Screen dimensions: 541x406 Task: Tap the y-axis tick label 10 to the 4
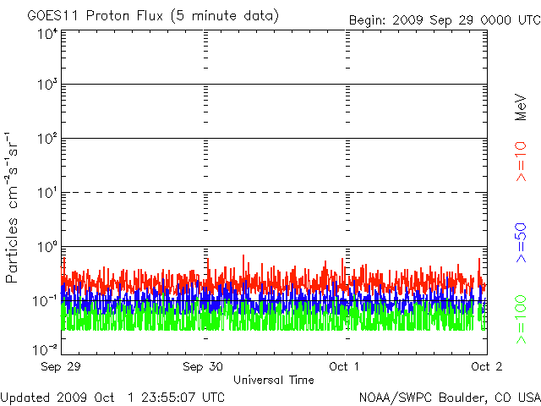[47, 35]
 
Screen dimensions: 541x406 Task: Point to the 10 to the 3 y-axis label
[47, 85]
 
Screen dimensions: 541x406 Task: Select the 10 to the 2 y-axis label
[47, 139]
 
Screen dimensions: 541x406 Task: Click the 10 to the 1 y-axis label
[47, 193]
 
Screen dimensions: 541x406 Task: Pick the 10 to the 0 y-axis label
[47, 247]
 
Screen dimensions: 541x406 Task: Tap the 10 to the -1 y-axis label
[45, 301]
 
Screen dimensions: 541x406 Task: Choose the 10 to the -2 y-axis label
[45, 350]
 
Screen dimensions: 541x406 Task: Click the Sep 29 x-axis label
[61, 366]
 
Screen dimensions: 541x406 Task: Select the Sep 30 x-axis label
[203, 366]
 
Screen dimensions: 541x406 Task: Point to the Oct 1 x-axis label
[344, 366]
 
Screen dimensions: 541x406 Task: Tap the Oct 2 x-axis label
[487, 366]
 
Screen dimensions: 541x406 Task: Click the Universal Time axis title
[274, 380]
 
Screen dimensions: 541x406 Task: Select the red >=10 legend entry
[521, 162]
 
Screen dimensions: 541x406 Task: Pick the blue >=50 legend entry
[521, 243]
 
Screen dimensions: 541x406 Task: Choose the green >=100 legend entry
[521, 320]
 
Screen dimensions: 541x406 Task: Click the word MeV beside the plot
[521, 107]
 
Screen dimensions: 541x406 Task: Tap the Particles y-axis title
[11, 250]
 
